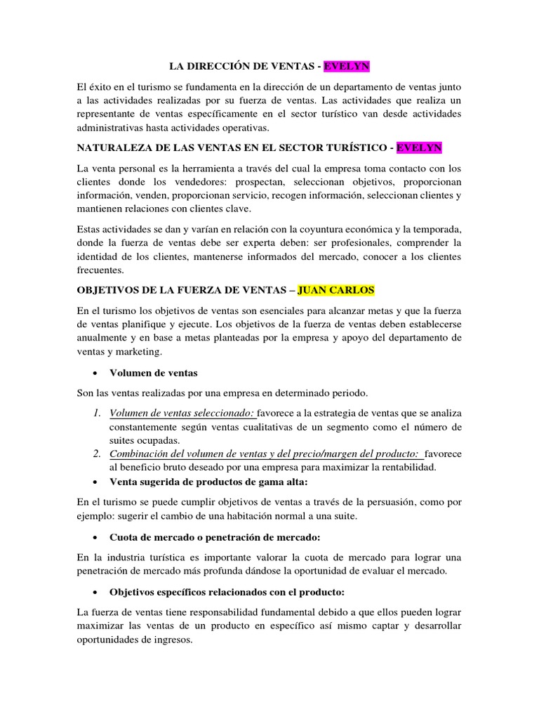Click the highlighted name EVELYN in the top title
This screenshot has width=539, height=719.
pyautogui.click(x=347, y=67)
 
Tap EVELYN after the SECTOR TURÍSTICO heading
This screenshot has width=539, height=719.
pyautogui.click(x=419, y=148)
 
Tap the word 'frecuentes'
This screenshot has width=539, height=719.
pyautogui.click(x=100, y=270)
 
